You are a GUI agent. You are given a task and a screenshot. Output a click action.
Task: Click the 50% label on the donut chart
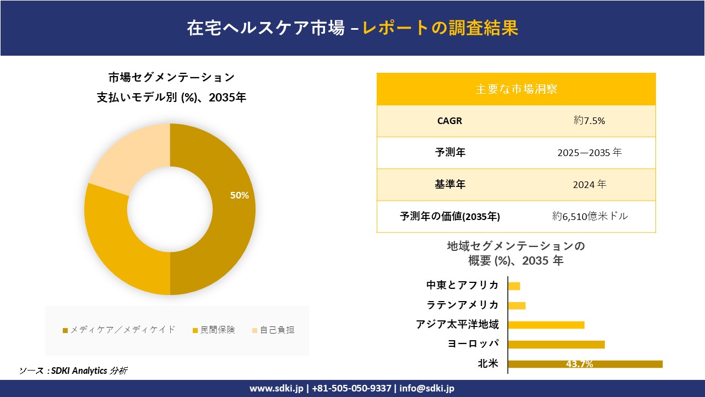[240, 195]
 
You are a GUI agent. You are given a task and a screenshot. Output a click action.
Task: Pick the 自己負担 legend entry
[273, 330]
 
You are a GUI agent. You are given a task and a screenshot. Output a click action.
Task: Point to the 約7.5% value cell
[589, 121]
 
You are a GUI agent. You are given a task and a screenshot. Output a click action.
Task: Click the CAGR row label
[450, 121]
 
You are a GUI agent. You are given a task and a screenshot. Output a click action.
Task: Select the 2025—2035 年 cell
[589, 153]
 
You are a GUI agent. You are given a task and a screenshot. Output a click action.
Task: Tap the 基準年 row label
[450, 185]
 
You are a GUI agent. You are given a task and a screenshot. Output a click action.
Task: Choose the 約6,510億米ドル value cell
[590, 216]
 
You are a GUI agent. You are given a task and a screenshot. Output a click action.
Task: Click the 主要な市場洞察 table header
[516, 89]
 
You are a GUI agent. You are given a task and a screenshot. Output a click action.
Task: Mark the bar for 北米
[585, 364]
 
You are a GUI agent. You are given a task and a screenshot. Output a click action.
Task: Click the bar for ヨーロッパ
[556, 345]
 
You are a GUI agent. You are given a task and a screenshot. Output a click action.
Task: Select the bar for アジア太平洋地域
[546, 325]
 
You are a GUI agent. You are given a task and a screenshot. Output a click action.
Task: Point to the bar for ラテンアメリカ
[517, 305]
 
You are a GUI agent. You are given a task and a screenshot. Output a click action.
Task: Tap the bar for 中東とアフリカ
[514, 286]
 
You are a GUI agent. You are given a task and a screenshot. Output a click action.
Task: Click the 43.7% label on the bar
[579, 364]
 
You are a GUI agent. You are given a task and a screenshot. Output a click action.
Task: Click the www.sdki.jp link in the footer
[276, 388]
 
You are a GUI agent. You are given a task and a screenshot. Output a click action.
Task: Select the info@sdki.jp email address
[427, 388]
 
